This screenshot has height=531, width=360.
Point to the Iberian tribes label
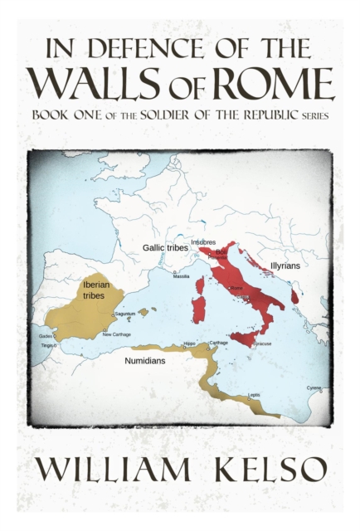tap(94, 290)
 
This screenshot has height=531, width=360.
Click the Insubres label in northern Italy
tap(203, 242)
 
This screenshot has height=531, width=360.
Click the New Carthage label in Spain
tap(116, 334)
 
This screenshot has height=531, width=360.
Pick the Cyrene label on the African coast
tap(314, 387)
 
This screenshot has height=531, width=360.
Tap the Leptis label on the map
tap(254, 395)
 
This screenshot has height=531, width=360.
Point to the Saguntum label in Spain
tap(124, 314)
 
